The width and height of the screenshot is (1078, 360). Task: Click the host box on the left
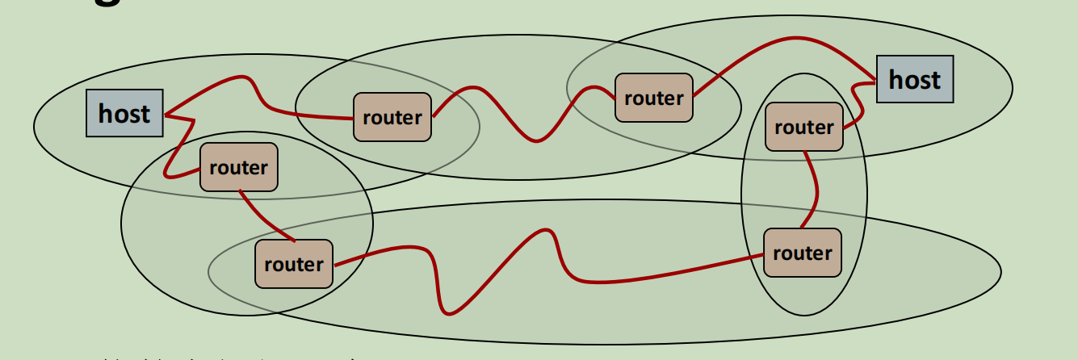click(124, 113)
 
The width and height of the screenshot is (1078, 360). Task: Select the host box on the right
click(914, 79)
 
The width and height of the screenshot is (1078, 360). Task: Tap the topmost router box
click(653, 98)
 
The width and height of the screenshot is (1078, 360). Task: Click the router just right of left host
click(392, 117)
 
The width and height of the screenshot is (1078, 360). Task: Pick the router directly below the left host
click(238, 168)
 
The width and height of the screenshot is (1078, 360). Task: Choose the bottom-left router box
click(293, 264)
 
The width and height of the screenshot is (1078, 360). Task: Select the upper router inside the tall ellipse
click(803, 127)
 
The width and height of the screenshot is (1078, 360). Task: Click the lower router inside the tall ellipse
click(802, 253)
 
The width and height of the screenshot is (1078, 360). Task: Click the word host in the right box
click(914, 79)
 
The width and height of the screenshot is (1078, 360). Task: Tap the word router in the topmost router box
click(653, 98)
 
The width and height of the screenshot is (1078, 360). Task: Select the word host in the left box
click(124, 113)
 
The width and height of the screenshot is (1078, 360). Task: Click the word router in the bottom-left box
click(293, 264)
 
